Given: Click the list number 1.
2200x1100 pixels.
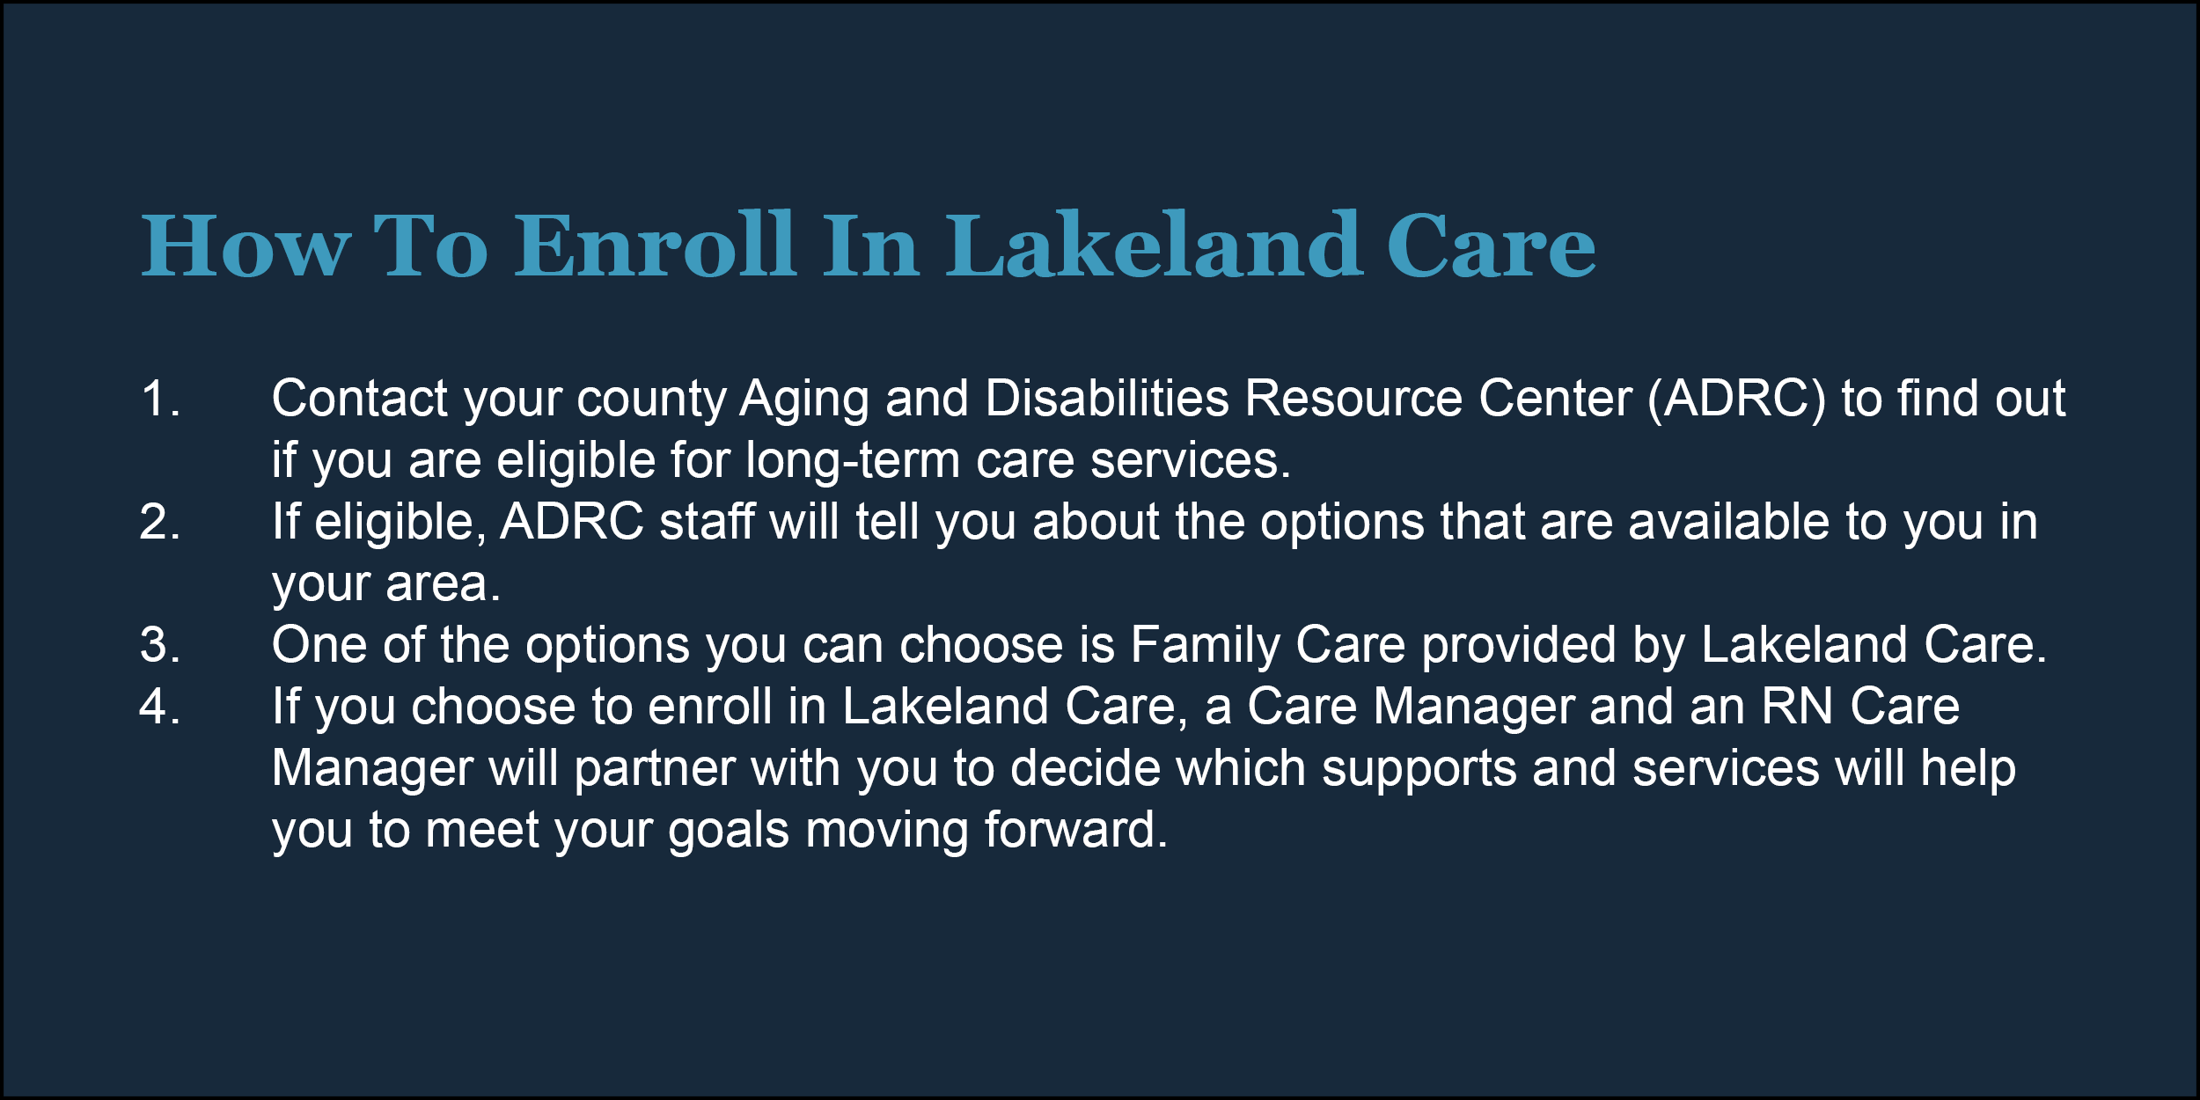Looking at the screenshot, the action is [x=160, y=399].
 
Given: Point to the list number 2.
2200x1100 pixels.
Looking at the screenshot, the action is [x=160, y=522].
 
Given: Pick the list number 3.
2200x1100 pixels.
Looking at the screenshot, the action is [x=160, y=645].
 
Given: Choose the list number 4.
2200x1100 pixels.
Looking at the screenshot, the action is [x=160, y=707].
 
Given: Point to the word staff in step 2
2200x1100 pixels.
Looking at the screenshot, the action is [x=707, y=522].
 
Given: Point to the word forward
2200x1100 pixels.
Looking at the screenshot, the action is [x=1075, y=830].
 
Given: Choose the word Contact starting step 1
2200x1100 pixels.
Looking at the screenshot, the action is [x=360, y=399].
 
